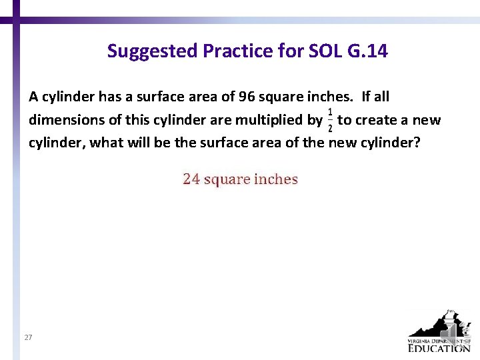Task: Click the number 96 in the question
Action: [247, 97]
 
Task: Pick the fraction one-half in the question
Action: [330, 120]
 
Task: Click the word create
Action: [376, 121]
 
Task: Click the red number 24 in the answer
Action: [191, 179]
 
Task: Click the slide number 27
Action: [28, 338]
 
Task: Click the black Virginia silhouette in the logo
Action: [437, 327]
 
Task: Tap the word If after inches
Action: [367, 97]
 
